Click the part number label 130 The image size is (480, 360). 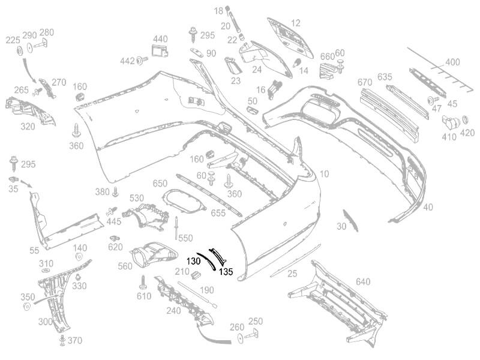[x=194, y=262]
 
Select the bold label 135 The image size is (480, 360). [x=226, y=271]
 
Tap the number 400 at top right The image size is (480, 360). [x=452, y=62]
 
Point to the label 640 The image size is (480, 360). [x=363, y=282]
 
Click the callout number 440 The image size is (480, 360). [x=160, y=39]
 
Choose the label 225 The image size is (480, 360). [x=13, y=40]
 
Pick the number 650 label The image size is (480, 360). [x=160, y=183]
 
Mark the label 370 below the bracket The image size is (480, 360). [x=75, y=341]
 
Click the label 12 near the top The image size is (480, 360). [x=296, y=23]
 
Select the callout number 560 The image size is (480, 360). [x=125, y=266]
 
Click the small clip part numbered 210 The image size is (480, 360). [x=194, y=275]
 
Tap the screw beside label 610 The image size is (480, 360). [x=144, y=281]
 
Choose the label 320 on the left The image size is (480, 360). [x=28, y=127]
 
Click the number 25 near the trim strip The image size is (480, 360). [x=292, y=274]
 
